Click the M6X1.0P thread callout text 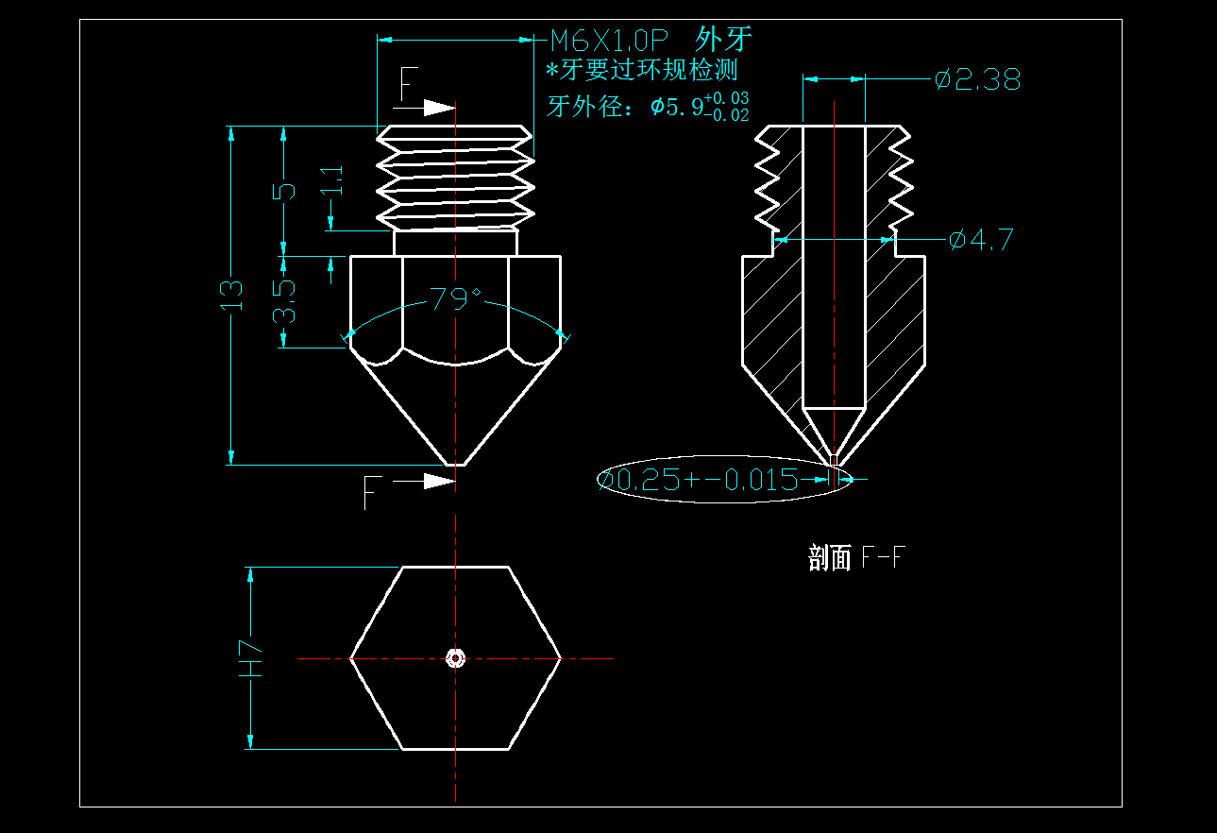pos(609,41)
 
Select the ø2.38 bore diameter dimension pos(977,80)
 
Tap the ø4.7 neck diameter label pos(981,240)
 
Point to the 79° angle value pos(455,299)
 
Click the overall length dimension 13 pos(232,295)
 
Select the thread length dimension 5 pos(284,190)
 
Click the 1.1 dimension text pos(332,180)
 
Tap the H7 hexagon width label pos(250,658)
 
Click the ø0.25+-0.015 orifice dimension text pos(700,480)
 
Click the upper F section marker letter pos(407,85)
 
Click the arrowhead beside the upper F pos(440,108)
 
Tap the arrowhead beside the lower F pos(440,482)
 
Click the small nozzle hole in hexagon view pos(456,658)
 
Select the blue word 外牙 pos(723,40)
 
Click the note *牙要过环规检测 pos(642,70)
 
